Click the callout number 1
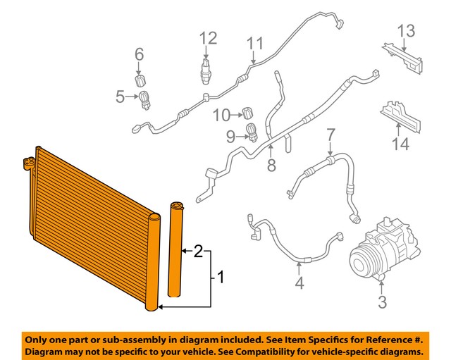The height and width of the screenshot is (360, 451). tap(220, 277)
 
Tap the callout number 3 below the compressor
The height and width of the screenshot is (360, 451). tap(383, 303)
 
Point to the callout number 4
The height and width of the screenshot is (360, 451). tap(299, 284)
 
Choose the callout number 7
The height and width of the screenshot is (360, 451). tap(330, 134)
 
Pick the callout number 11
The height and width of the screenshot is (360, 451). tap(254, 44)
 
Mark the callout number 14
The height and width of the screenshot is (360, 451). tap(400, 144)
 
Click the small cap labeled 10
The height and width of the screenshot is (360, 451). tap(248, 112)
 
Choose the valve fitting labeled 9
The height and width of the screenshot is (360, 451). tap(251, 131)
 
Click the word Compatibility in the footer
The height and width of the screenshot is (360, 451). tap(264, 351)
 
